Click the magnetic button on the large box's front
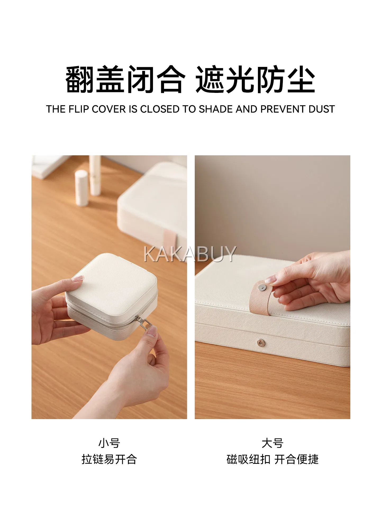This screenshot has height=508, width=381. (261, 343)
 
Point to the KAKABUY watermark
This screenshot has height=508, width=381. (190, 254)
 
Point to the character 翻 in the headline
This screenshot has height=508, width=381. (80, 79)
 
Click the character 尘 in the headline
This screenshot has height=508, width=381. (301, 79)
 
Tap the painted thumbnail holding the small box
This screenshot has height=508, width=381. (78, 278)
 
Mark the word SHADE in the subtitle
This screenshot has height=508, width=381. (216, 109)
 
